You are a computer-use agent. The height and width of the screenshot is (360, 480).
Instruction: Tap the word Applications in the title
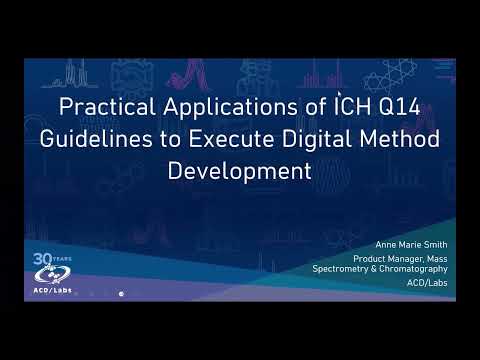tap(206, 106)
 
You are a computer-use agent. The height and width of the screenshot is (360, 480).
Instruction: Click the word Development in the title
tap(240, 171)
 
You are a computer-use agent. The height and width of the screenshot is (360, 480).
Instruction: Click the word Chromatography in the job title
tap(420, 269)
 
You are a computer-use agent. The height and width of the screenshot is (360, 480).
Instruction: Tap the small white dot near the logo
tap(121, 294)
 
